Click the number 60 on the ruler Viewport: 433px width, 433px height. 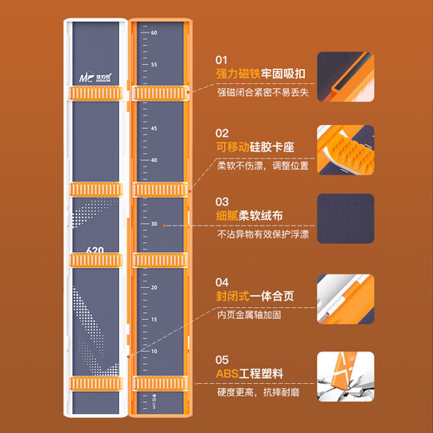click(154, 32)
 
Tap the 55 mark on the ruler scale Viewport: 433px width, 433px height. click(154, 64)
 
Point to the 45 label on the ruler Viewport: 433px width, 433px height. click(154, 128)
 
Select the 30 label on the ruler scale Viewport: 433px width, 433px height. click(154, 224)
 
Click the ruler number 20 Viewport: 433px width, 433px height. click(154, 287)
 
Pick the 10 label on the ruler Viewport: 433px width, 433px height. click(154, 351)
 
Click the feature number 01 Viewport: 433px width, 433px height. click(221, 60)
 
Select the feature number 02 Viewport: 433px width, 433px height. click(221, 132)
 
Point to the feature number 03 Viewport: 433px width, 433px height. click(221, 202)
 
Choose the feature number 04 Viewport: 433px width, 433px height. click(222, 282)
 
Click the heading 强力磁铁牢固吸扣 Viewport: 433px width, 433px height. click(260, 74)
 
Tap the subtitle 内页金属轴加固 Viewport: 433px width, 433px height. click(251, 314)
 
